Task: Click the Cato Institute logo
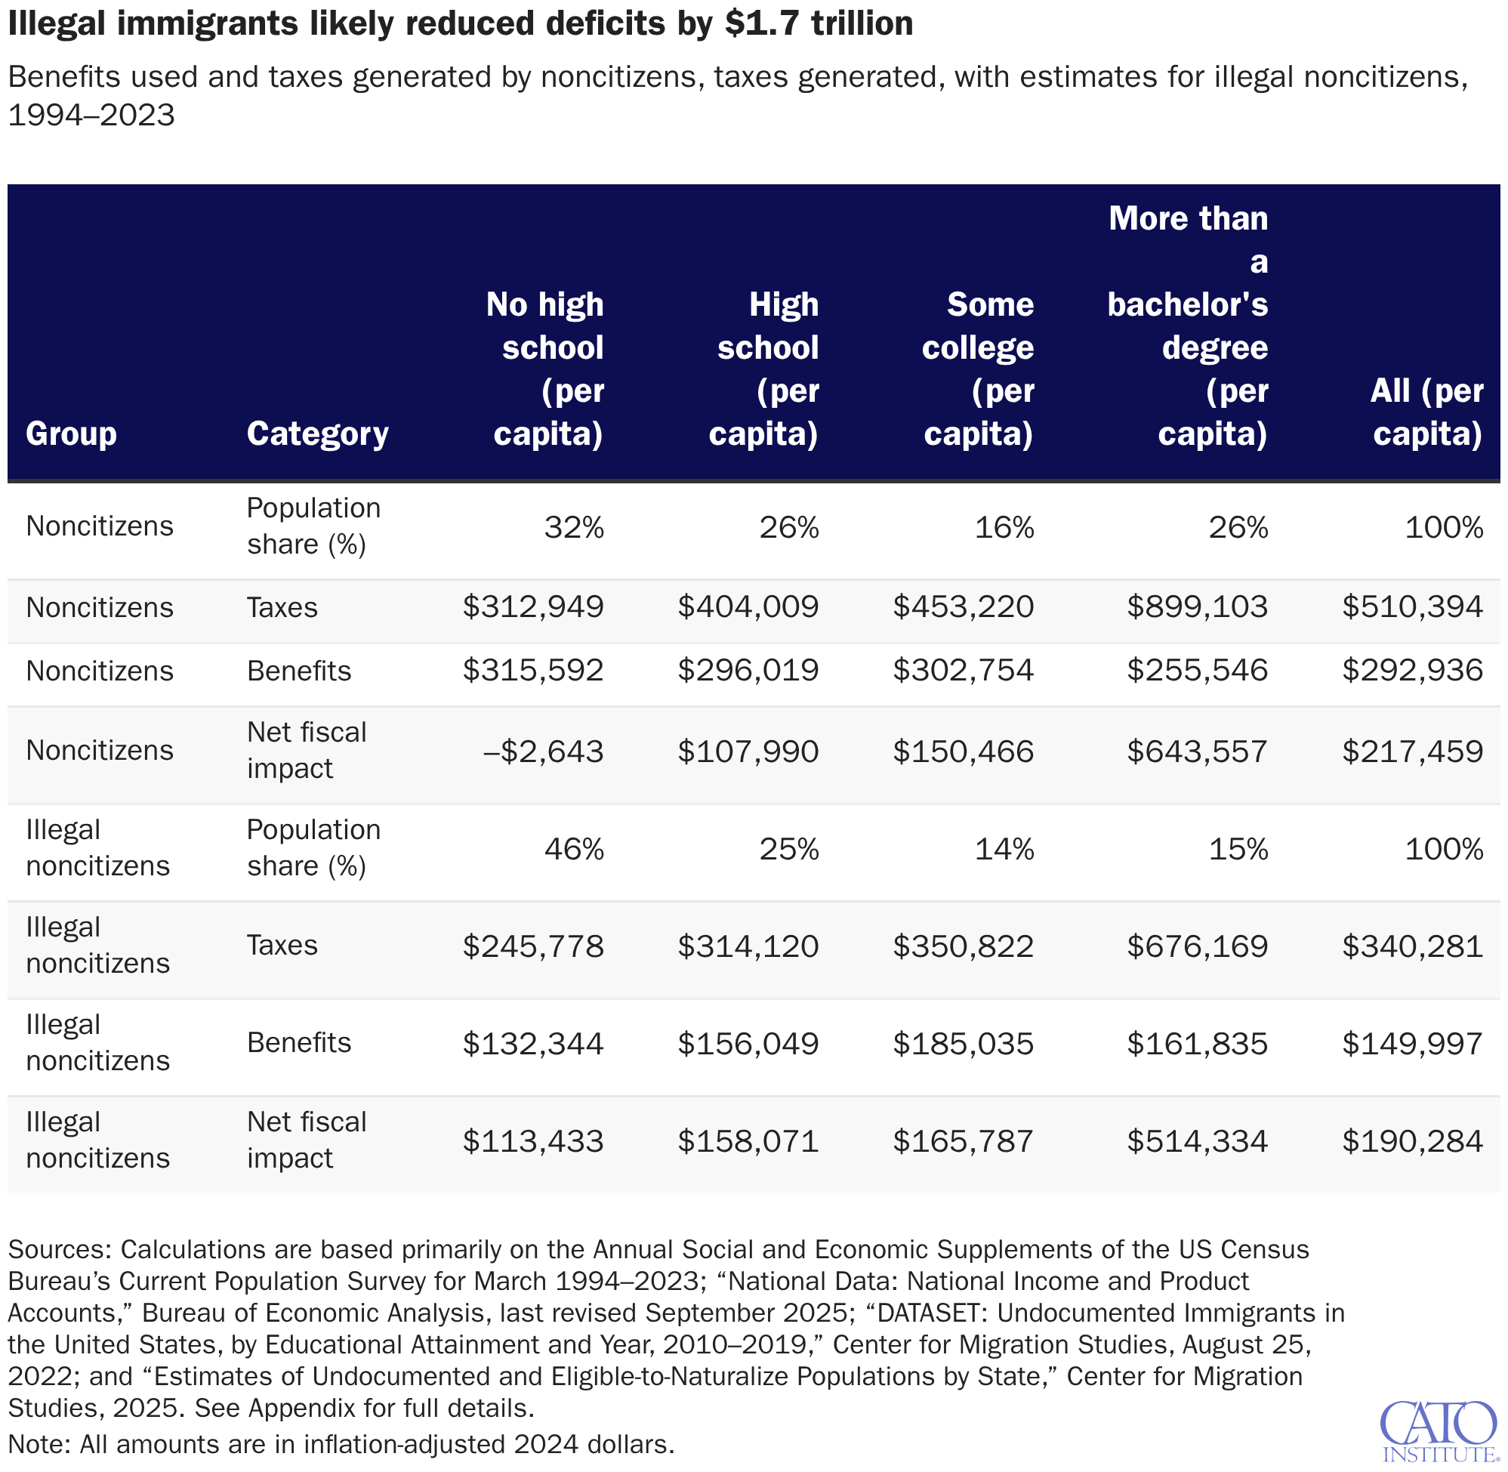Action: (1438, 1431)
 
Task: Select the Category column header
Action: (317, 434)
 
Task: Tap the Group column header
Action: (71, 434)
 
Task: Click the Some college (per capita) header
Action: (978, 369)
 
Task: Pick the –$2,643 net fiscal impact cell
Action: (543, 751)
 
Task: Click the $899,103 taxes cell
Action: (1196, 607)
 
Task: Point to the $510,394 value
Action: (1412, 607)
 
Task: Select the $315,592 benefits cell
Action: (532, 670)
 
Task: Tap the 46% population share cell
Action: (573, 850)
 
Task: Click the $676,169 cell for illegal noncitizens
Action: (1196, 946)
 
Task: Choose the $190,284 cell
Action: (1412, 1141)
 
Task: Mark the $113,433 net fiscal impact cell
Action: (532, 1141)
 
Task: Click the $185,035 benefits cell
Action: (963, 1044)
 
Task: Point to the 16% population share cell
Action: (1004, 528)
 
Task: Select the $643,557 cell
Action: (1196, 751)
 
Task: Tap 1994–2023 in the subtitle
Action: (91, 116)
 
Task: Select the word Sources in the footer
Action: (59, 1249)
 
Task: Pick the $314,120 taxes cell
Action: (748, 946)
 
